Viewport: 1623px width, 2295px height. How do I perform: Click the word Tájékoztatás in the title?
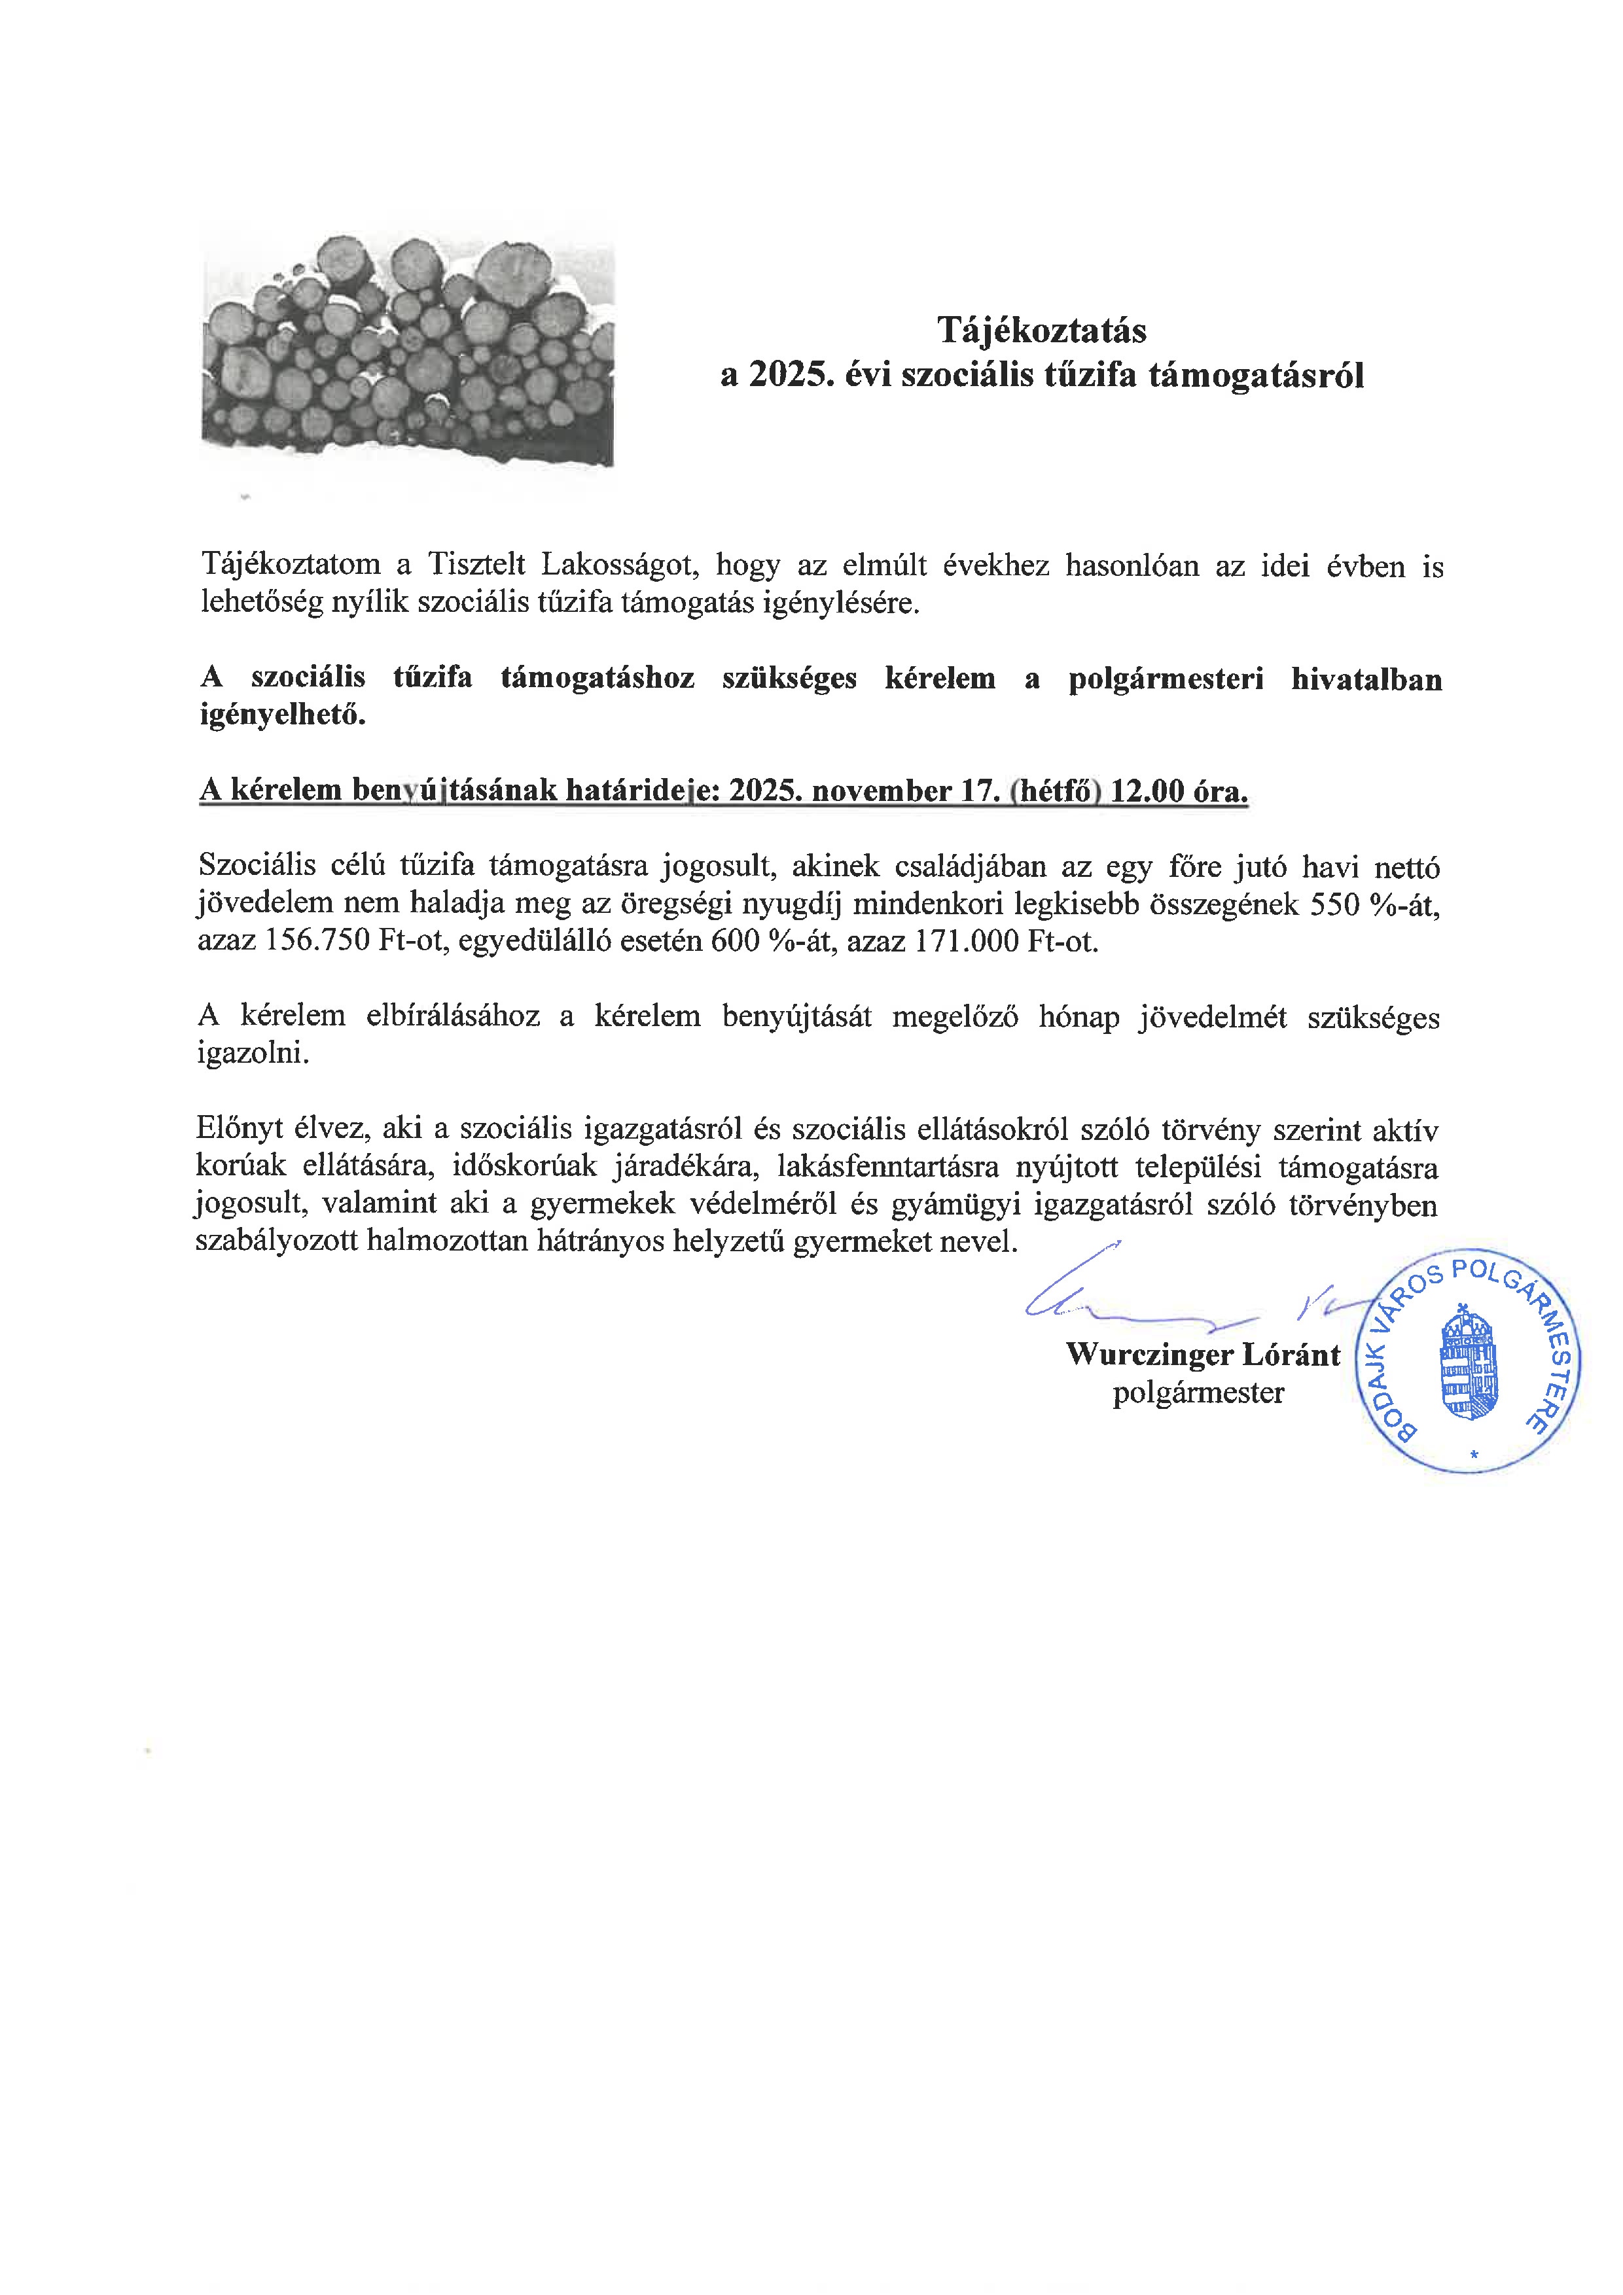1041,330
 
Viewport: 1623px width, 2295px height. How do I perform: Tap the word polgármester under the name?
1198,1393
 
